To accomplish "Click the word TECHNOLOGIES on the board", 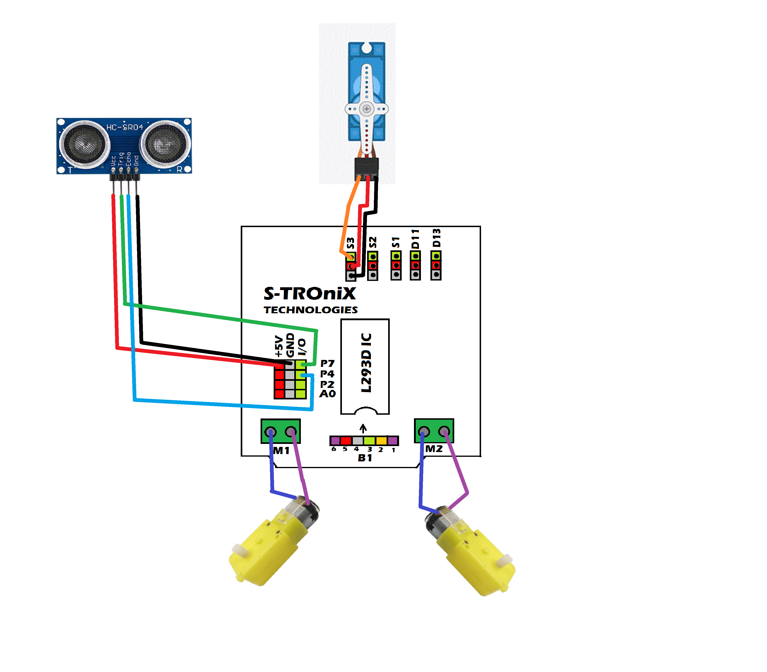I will (x=310, y=310).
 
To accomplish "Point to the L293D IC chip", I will (x=365, y=366).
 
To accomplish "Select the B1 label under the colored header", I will (x=365, y=458).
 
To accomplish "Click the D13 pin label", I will (x=436, y=238).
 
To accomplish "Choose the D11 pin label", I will (x=415, y=239).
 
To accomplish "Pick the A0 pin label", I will (x=327, y=394).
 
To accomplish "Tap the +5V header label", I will (x=279, y=346).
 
